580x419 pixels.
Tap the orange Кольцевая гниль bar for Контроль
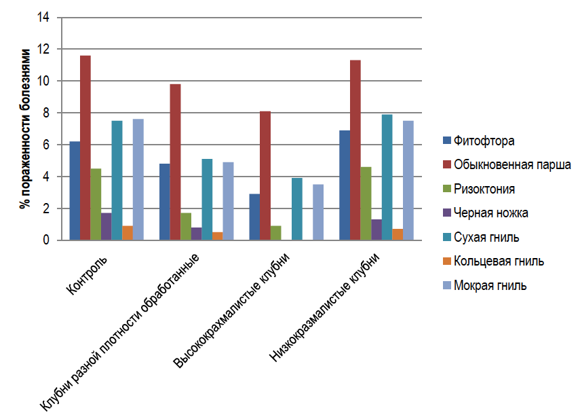(128, 233)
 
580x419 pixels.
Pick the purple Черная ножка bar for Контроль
(106, 227)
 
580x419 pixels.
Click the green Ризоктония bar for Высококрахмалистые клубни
(275, 233)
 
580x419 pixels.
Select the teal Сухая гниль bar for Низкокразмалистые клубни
(387, 177)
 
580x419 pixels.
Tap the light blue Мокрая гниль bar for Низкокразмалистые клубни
(408, 180)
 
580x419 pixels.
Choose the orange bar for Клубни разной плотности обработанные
(217, 236)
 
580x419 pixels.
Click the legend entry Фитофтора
(483, 141)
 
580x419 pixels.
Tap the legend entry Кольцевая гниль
(499, 261)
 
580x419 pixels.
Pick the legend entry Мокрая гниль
(491, 285)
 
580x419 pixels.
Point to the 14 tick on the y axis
(44, 18)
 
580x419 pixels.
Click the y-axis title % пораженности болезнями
(25, 129)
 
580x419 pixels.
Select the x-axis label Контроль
(90, 272)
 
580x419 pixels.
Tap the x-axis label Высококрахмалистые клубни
(232, 310)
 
